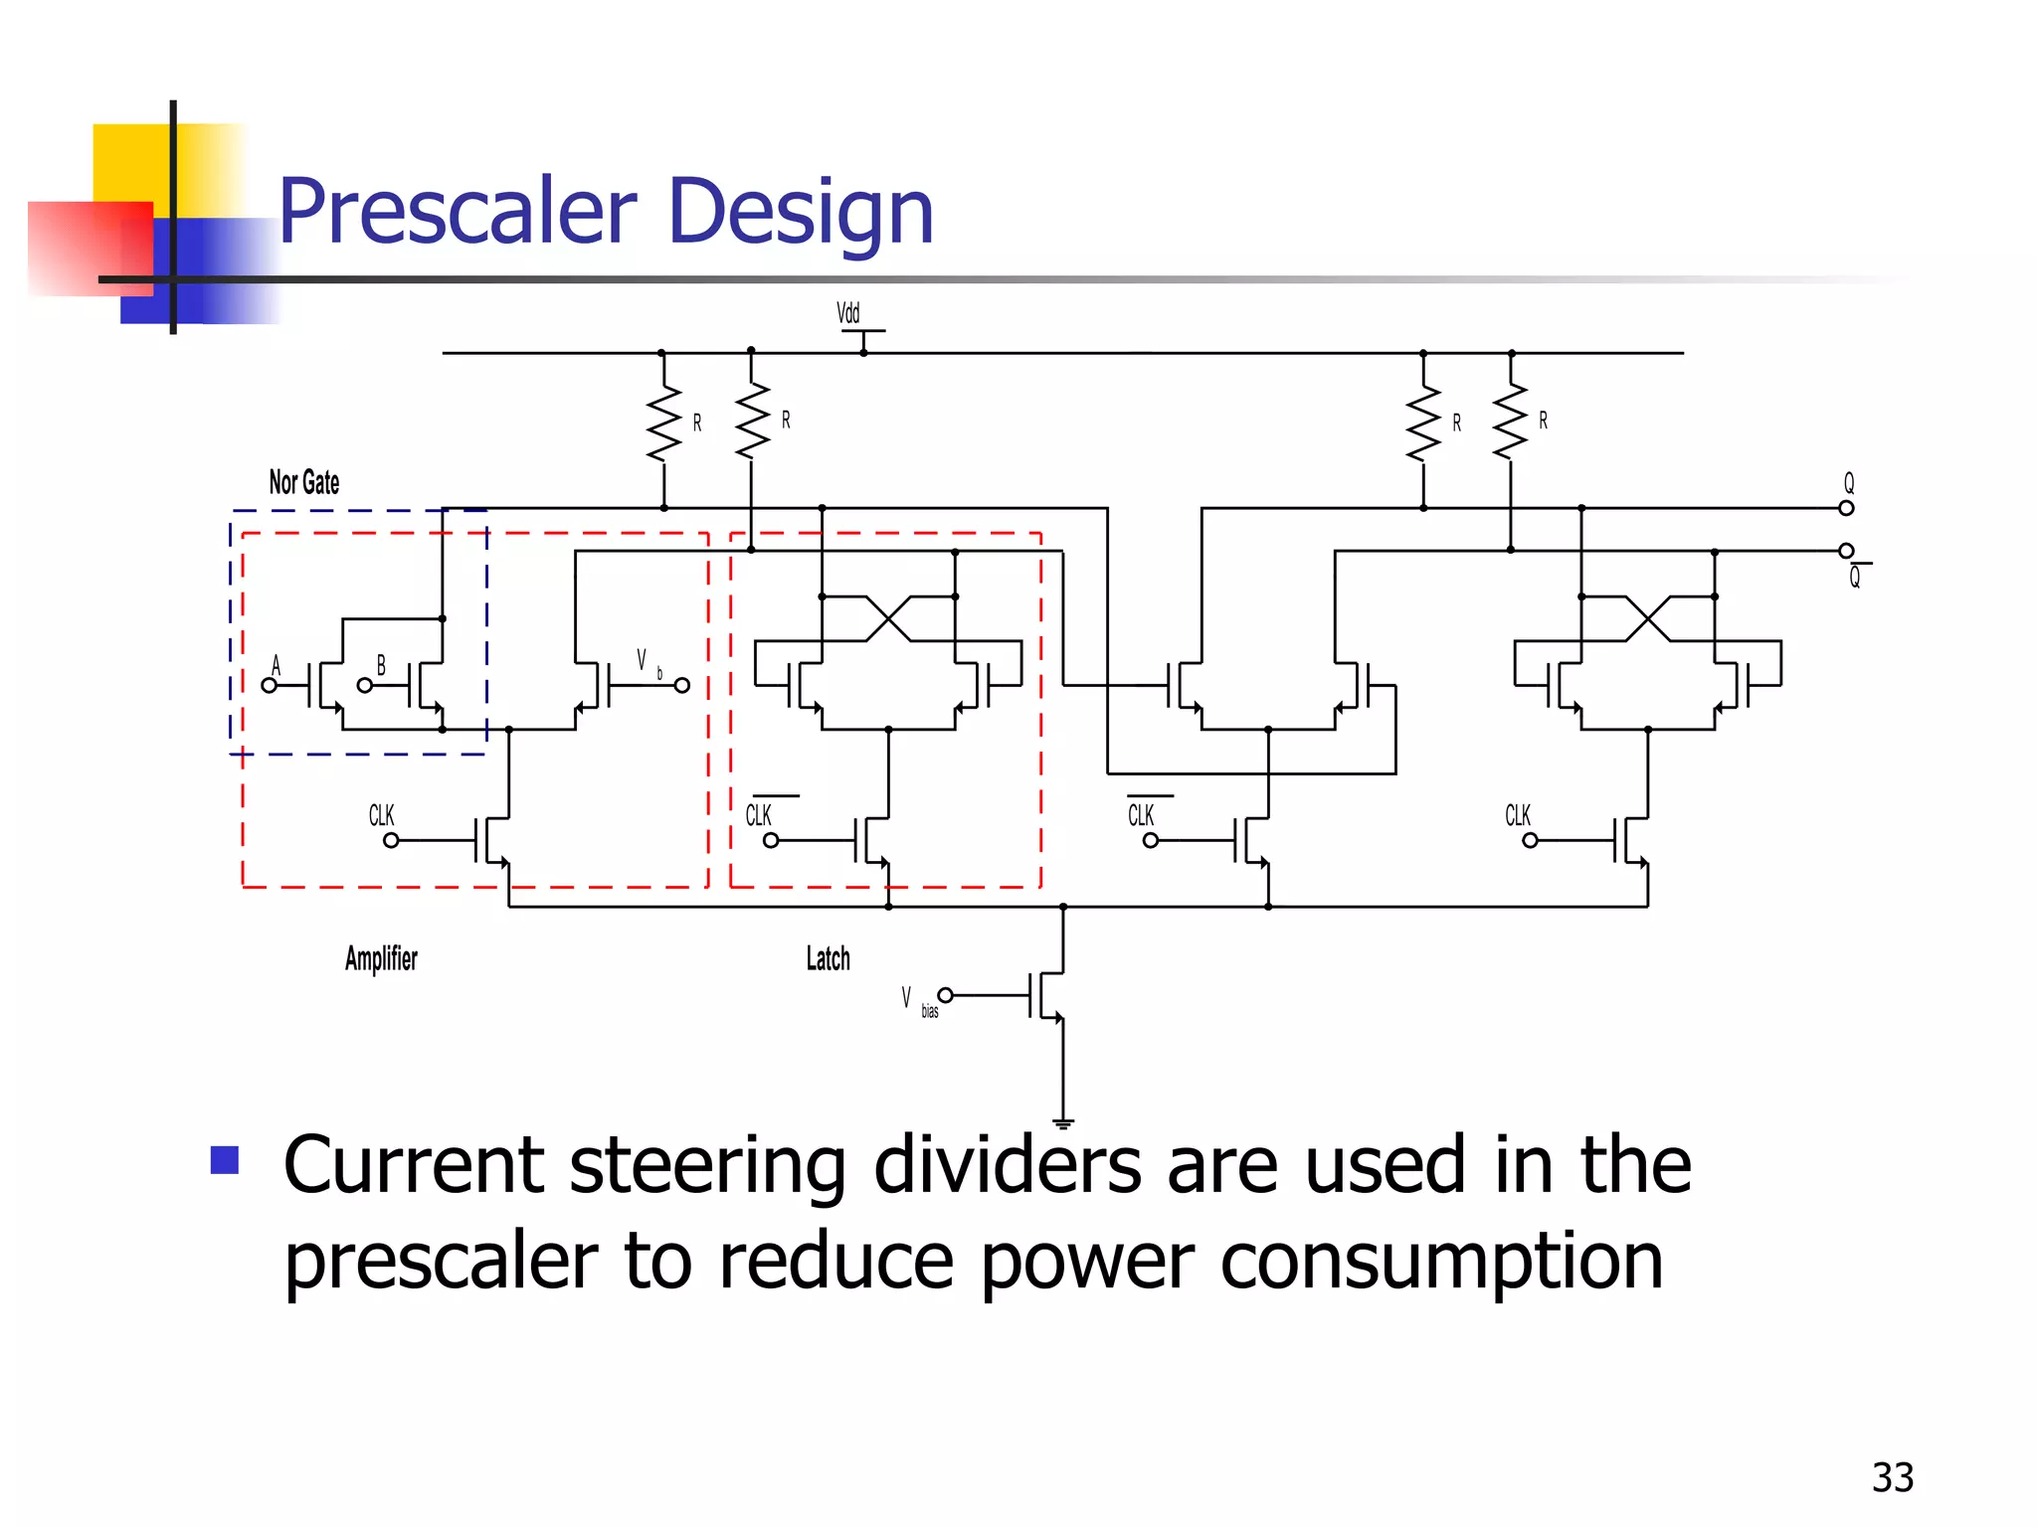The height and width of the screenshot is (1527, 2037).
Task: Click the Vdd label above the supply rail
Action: pos(847,313)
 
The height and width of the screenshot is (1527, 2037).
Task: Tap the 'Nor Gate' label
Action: pos(304,483)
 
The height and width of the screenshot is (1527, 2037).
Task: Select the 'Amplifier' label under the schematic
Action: pos(381,958)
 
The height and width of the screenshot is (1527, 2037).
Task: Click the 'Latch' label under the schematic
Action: pos(828,958)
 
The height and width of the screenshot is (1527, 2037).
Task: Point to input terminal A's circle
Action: pos(269,685)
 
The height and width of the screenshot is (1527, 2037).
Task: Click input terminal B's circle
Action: pos(365,685)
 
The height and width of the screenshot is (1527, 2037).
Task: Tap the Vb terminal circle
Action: pos(682,685)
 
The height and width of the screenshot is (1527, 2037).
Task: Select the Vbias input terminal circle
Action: pos(946,995)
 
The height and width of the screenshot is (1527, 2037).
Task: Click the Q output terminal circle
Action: pos(1846,508)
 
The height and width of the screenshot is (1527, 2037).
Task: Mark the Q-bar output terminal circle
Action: pos(1846,550)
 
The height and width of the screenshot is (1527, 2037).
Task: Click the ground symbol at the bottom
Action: pos(1063,1124)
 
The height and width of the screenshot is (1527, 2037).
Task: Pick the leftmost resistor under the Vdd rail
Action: pos(663,423)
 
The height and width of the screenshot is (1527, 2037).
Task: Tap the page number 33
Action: pos(1892,1478)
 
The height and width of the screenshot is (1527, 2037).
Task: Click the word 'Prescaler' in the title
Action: pos(457,211)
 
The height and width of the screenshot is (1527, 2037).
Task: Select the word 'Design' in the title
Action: pos(801,211)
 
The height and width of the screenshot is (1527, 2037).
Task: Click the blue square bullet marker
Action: pos(225,1160)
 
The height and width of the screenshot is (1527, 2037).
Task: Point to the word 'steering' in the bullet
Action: pos(707,1165)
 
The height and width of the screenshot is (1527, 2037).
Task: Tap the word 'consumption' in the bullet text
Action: pos(1441,1261)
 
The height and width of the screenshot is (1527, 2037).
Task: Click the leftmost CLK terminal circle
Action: pos(391,840)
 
